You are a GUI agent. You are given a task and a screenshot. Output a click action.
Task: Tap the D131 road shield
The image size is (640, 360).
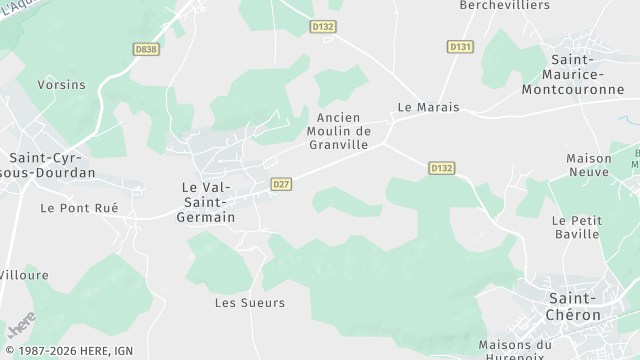[460, 47]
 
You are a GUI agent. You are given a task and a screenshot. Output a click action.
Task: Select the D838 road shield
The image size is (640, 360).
[146, 47]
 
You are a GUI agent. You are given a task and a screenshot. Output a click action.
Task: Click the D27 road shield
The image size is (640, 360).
[281, 184]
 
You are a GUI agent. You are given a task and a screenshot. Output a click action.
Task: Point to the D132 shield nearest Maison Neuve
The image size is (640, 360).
[441, 168]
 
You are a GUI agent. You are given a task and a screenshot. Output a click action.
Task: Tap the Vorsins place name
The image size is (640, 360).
[61, 85]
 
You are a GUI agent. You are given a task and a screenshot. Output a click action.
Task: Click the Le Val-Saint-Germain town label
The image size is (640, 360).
[208, 202]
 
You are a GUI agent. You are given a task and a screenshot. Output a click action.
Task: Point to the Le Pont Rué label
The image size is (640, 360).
[79, 208]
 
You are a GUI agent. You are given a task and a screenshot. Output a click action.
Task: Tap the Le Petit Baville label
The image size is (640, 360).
[576, 226]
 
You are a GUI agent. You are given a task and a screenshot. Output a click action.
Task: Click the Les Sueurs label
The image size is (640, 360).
[250, 302]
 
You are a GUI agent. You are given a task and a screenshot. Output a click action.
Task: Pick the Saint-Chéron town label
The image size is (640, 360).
[575, 306]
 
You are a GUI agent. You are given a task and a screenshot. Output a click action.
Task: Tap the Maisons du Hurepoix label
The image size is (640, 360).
[515, 349]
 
